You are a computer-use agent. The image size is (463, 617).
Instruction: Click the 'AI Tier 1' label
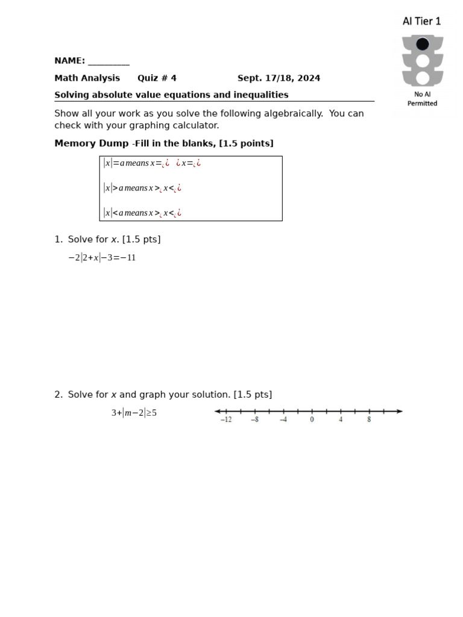pos(421,21)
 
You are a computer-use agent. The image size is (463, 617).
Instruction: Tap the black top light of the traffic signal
pos(423,44)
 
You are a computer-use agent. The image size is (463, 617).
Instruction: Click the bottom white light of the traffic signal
pos(423,78)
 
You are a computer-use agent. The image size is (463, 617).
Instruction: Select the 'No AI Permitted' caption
pos(422,99)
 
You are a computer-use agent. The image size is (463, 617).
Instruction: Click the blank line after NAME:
pos(109,61)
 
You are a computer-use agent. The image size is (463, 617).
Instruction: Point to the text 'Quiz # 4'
pos(157,78)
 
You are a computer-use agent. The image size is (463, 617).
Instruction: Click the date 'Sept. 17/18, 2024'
pos(279,78)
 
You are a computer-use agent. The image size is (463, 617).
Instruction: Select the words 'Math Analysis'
pos(87,78)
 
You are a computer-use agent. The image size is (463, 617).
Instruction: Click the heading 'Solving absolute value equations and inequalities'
pos(171,95)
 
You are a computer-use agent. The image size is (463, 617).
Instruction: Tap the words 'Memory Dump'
pos(91,143)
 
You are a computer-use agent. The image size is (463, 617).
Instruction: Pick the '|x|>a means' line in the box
pos(142,188)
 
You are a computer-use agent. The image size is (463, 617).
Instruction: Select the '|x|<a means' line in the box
pos(142,213)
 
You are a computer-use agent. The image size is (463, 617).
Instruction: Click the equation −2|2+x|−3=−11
pos(102,258)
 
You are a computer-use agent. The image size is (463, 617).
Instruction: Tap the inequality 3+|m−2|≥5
pos(134,413)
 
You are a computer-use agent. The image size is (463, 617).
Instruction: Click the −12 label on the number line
pos(225,420)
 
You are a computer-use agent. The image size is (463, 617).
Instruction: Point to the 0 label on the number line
pos(312,420)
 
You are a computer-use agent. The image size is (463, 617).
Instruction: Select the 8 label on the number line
pos(369,420)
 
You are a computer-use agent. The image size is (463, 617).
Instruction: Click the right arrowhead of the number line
pos(400,412)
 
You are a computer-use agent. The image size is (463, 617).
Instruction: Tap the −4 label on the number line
pos(283,420)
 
